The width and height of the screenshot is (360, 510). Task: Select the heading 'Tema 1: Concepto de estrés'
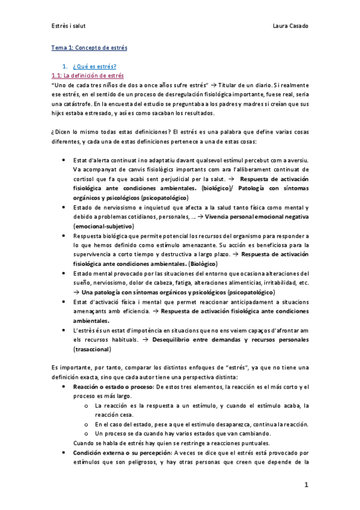click(89, 48)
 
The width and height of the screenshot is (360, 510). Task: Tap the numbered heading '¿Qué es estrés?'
click(94, 66)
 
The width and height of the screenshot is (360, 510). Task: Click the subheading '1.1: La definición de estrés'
click(88, 76)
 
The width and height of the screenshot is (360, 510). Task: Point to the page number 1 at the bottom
click(306, 484)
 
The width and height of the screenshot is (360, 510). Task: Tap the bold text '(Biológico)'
click(188, 263)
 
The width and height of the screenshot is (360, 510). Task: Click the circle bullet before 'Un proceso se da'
click(88, 434)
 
